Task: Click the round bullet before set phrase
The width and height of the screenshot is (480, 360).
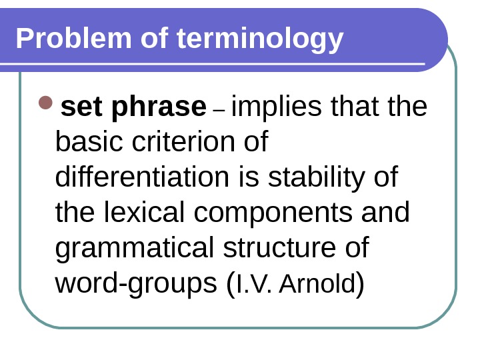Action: (45, 104)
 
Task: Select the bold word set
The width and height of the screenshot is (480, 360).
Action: (79, 106)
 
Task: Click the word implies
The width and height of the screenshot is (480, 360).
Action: (274, 107)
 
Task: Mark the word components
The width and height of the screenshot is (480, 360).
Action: (277, 213)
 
